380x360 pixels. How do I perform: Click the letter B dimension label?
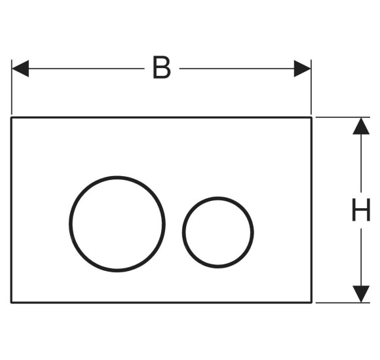pyautogui.click(x=162, y=67)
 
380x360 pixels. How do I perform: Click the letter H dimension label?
pyautogui.click(x=361, y=209)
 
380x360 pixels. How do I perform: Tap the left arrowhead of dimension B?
pyautogui.click(x=20, y=69)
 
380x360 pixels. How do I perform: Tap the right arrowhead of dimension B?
pyautogui.click(x=302, y=69)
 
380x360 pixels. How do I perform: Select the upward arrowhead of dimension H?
pyautogui.click(x=361, y=126)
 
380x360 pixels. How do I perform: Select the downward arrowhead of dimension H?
pyautogui.click(x=361, y=294)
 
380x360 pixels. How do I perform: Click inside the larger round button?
pyautogui.click(x=117, y=224)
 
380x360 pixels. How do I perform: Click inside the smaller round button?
pyautogui.click(x=218, y=232)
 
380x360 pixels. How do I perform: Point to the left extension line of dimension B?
pyautogui.click(x=12, y=87)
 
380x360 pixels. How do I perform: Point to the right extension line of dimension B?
pyautogui.click(x=311, y=87)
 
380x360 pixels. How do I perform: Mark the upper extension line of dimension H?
pyautogui.click(x=343, y=117)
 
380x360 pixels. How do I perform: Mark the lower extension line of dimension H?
pyautogui.click(x=343, y=302)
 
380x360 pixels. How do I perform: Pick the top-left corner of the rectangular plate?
pyautogui.click(x=11, y=118)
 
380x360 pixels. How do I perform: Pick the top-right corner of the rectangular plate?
pyautogui.click(x=311, y=118)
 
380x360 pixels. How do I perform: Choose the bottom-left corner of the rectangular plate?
pyautogui.click(x=11, y=302)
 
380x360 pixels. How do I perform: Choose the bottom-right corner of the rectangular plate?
pyautogui.click(x=311, y=302)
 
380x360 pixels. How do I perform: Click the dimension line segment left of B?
pyautogui.click(x=86, y=69)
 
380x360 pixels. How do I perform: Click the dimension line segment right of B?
pyautogui.click(x=237, y=69)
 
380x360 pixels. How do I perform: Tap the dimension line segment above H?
pyautogui.click(x=361, y=163)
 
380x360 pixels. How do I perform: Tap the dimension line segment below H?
pyautogui.click(x=361, y=257)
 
